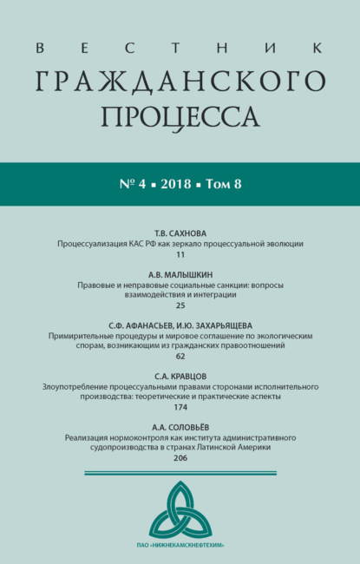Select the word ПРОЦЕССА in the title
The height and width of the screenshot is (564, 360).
pyautogui.click(x=180, y=115)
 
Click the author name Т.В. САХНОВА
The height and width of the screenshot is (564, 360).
pyautogui.click(x=180, y=233)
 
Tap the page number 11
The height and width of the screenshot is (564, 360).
pyautogui.click(x=180, y=256)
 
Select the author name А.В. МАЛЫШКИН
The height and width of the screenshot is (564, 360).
pyautogui.click(x=180, y=272)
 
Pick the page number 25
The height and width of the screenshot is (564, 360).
pyautogui.click(x=180, y=305)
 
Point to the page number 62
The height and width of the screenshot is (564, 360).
pyautogui.click(x=180, y=356)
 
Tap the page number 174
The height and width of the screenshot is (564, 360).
pyautogui.click(x=180, y=406)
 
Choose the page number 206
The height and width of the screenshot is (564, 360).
pyautogui.click(x=180, y=457)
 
